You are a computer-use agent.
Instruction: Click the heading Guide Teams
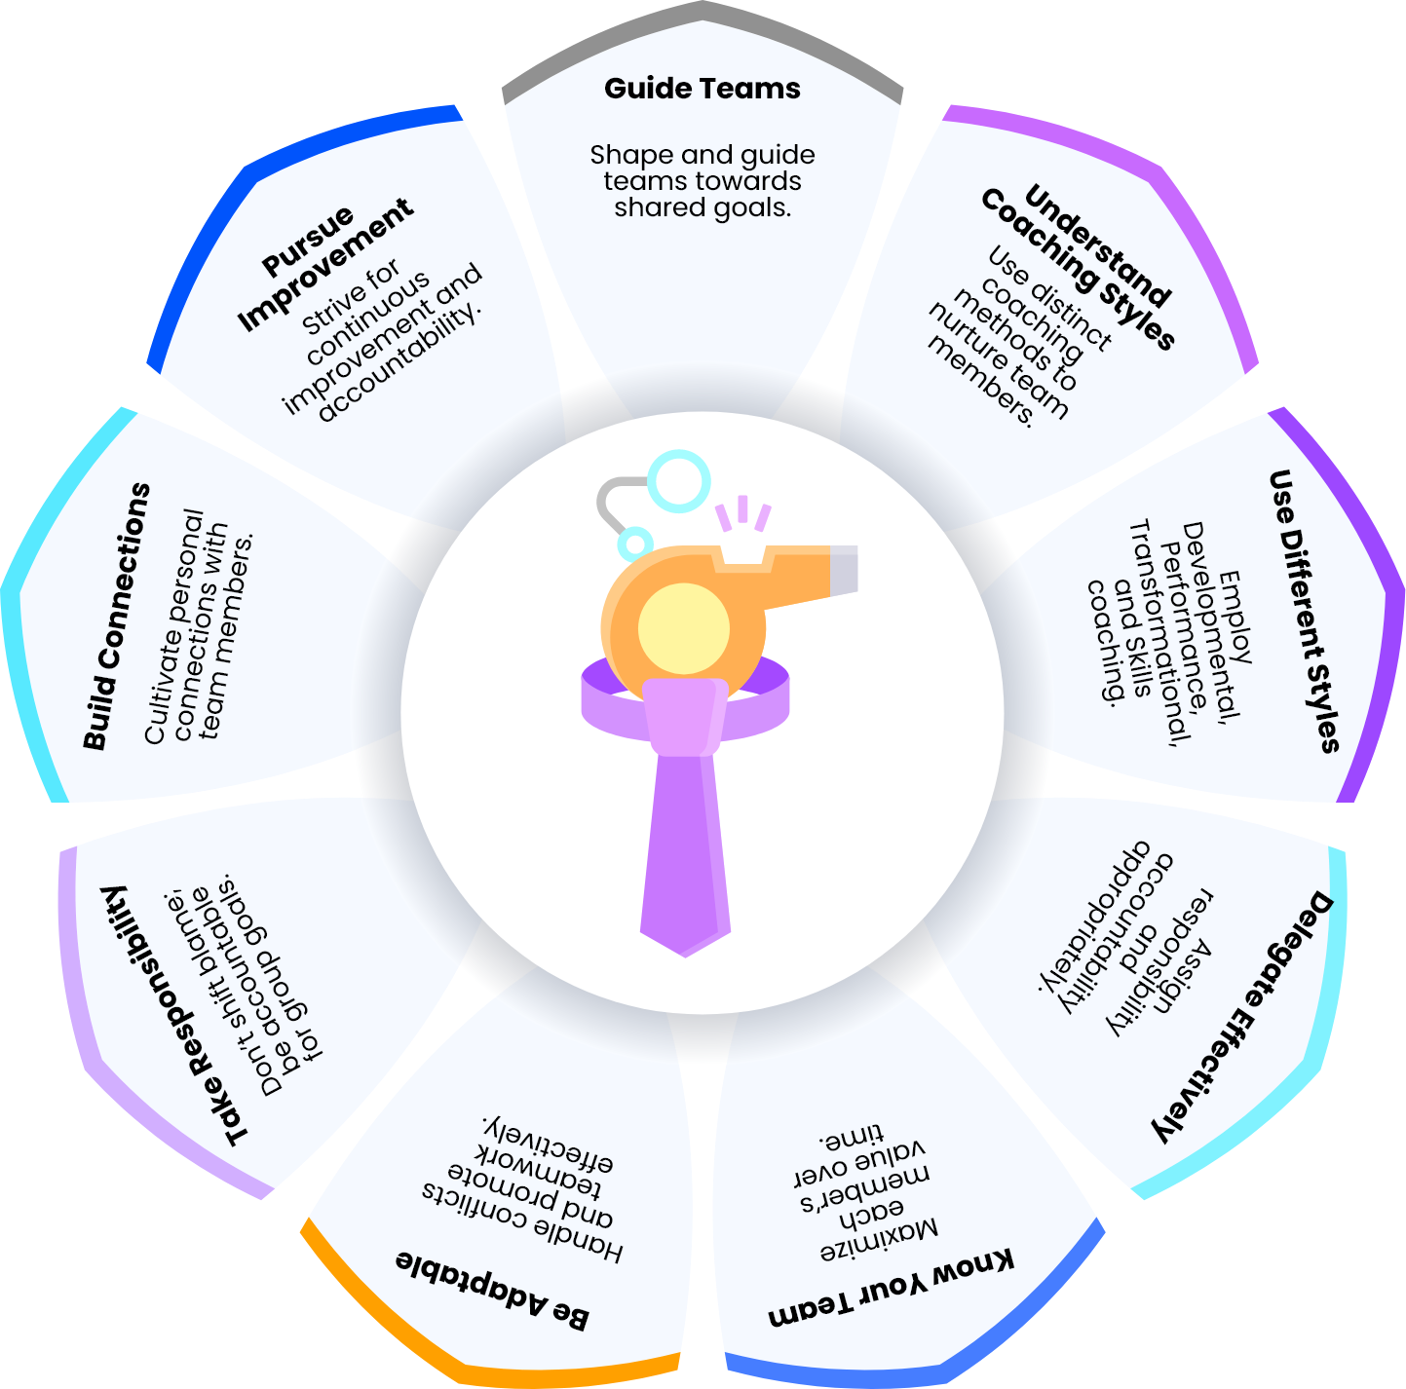coord(702,89)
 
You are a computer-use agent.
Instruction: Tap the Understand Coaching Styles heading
coord(1078,267)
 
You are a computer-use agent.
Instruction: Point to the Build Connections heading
coord(117,616)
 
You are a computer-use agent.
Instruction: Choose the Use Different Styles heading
coord(1304,611)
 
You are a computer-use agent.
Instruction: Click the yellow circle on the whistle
coord(684,629)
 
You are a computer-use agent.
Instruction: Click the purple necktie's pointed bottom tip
coord(684,957)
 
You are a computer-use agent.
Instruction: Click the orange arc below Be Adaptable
coord(467,1356)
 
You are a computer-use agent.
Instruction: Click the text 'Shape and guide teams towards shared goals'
coord(702,181)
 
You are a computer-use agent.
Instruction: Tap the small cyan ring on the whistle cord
coord(634,544)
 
